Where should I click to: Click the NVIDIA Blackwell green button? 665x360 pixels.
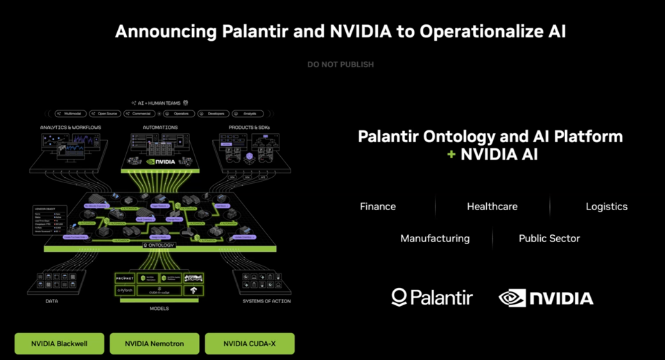[60, 343]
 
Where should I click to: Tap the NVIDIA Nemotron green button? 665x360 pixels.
[154, 343]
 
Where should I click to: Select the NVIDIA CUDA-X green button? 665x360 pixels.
[250, 343]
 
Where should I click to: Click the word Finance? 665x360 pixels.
[378, 207]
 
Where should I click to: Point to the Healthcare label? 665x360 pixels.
[492, 207]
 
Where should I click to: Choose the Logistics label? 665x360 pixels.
[607, 207]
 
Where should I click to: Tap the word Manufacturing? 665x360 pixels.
[435, 239]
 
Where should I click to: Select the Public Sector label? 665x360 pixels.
[549, 239]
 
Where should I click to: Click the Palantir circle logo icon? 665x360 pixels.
[399, 298]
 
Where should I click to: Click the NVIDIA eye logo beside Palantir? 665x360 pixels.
[512, 298]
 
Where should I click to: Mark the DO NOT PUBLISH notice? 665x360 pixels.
[340, 65]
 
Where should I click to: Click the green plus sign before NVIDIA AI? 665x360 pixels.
[451, 154]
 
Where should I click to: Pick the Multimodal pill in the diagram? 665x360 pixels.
[71, 114]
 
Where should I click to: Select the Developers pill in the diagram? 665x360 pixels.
[214, 114]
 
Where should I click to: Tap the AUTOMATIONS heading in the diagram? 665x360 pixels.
[160, 128]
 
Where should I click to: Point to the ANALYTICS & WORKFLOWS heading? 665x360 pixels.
[71, 128]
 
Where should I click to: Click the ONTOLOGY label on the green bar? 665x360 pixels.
[160, 246]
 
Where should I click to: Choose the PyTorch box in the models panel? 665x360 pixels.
[125, 291]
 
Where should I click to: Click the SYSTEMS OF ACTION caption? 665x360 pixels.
[266, 301]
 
